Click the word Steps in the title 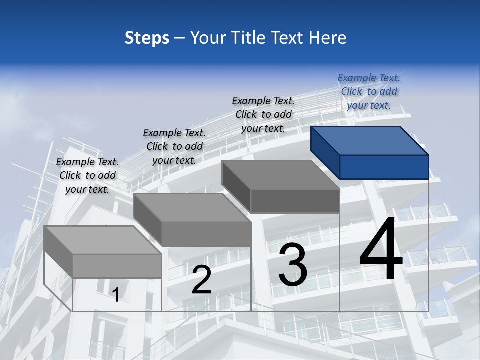[147, 38]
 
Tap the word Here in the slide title [326, 38]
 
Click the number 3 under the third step [293, 265]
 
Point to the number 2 [201, 280]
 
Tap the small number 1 [116, 295]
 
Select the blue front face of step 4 [384, 167]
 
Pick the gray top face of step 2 [192, 207]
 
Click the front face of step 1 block [117, 266]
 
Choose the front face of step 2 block [206, 234]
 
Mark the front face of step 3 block [295, 201]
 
